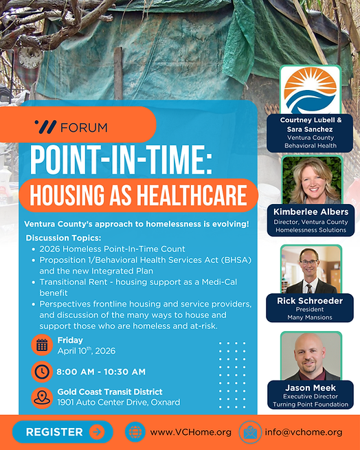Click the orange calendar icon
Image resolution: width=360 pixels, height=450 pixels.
42,345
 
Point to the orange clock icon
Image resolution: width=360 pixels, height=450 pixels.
42,372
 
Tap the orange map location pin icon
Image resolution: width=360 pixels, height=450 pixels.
42,397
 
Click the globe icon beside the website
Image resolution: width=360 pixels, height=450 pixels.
135,432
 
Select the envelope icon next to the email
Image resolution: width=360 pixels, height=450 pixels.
249,432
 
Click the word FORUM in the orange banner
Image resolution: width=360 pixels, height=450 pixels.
84,127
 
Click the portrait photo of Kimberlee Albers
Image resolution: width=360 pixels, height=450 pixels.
311,180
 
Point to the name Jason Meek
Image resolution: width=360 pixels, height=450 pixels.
311,388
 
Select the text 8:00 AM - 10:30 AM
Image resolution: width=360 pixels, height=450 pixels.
102,372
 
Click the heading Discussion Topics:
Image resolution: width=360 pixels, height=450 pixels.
63,238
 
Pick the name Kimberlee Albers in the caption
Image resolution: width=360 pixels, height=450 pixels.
311,212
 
